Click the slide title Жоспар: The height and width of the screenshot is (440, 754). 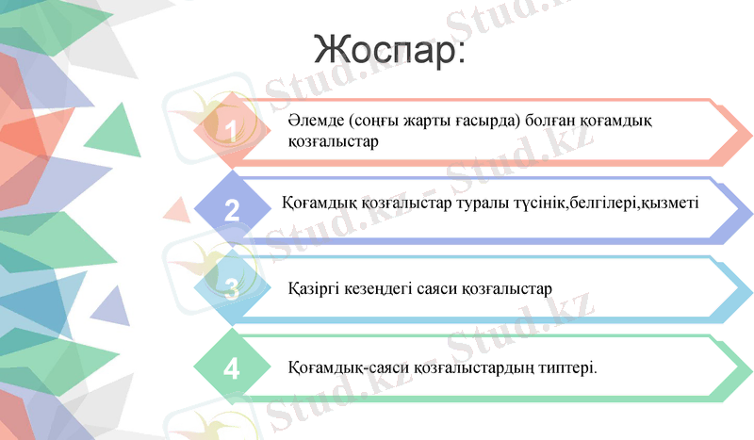click(388, 49)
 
